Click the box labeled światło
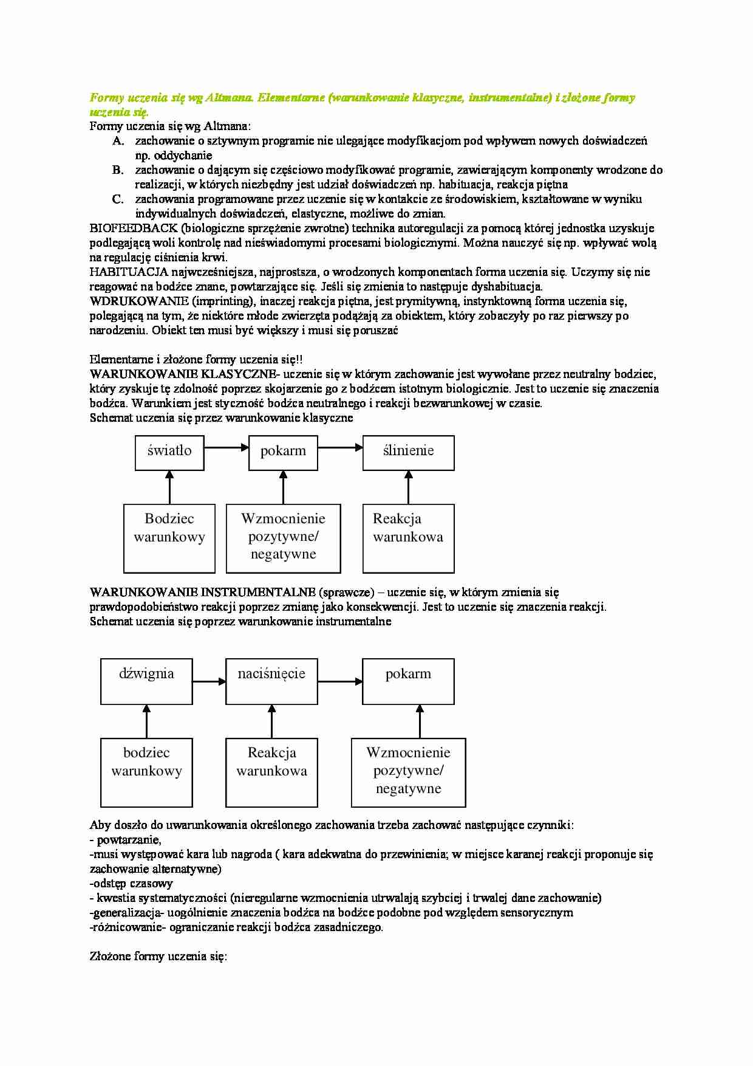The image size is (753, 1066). coord(169,453)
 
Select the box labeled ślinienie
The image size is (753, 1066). coord(408,453)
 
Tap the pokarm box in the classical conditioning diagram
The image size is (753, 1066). coord(283,453)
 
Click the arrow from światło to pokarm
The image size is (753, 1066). coord(226,448)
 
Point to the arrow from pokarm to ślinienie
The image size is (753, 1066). coord(340,448)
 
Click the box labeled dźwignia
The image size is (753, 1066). coord(146,681)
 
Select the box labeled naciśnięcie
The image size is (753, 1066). coord(271,681)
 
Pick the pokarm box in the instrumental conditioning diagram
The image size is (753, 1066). coord(408,681)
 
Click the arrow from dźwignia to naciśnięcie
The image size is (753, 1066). coord(209,682)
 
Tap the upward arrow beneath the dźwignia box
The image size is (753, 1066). coord(146,721)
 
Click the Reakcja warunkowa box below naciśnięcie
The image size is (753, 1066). coord(271,772)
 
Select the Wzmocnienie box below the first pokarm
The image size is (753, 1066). coord(283,538)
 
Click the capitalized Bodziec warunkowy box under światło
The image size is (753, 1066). coord(169,538)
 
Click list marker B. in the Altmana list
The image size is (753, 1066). coord(118,170)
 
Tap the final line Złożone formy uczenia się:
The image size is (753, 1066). coord(158,957)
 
